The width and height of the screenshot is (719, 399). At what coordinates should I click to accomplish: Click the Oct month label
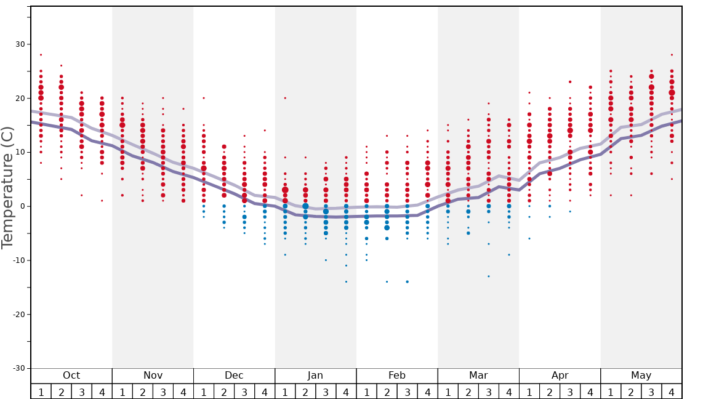(x=71, y=376)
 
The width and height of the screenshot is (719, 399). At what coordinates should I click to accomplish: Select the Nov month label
(x=153, y=376)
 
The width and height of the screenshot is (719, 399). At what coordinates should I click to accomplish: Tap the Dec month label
(x=234, y=376)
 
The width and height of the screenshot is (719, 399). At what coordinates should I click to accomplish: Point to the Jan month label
(x=315, y=376)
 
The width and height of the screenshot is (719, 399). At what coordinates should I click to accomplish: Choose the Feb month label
(x=397, y=376)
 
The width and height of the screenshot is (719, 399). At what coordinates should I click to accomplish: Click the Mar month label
(x=478, y=376)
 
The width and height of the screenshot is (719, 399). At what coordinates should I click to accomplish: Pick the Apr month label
(x=560, y=376)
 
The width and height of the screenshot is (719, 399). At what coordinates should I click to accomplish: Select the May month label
(x=641, y=376)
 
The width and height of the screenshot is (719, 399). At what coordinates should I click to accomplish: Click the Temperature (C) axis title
(x=7, y=187)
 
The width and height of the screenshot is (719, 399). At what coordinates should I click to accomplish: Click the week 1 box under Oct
(x=41, y=392)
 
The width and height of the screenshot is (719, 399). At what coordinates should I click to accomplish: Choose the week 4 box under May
(x=672, y=392)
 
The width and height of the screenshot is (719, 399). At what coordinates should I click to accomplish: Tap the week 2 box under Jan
(x=305, y=392)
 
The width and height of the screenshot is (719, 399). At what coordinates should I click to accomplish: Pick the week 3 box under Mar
(x=489, y=392)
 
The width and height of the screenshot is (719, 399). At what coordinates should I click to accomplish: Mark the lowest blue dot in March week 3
(x=489, y=276)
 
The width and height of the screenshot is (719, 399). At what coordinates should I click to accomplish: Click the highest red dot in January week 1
(x=285, y=98)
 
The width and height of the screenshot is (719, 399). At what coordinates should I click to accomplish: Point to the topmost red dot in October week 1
(x=41, y=55)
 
